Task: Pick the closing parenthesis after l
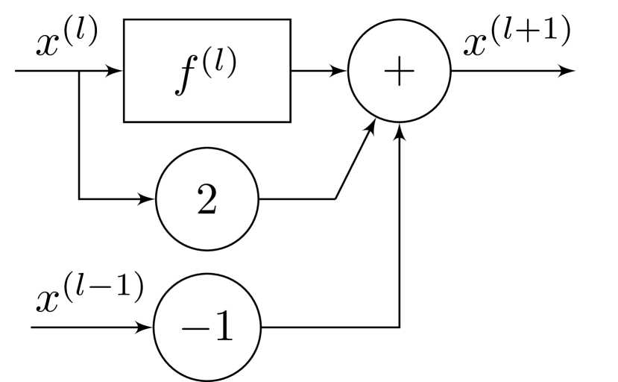[x=233, y=63]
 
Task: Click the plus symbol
[x=399, y=72]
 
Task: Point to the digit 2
[x=206, y=200]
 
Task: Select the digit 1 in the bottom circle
[x=222, y=327]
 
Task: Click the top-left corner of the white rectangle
[x=125, y=21]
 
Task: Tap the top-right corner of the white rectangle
[x=288, y=21]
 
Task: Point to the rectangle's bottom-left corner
[x=125, y=120]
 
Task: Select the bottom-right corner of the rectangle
[x=288, y=120]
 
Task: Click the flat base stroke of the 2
[x=207, y=213]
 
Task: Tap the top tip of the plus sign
[x=399, y=58]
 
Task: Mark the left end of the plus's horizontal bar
[x=385, y=72]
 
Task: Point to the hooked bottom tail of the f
[x=177, y=93]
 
